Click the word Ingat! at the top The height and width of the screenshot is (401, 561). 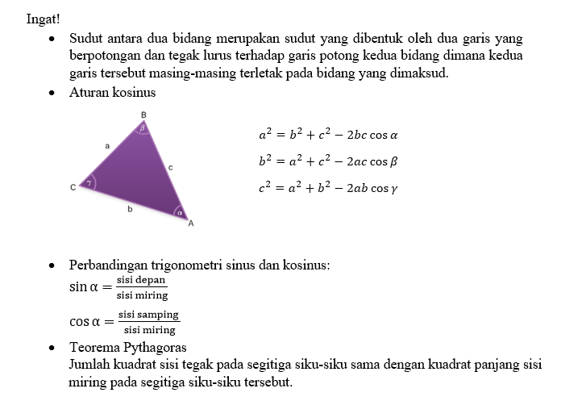pos(44,19)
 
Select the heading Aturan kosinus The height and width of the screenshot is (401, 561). pos(112,92)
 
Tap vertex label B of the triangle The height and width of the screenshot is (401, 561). pos(143,115)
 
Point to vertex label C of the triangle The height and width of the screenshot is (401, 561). pos(73,188)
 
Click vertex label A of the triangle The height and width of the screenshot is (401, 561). pos(191,223)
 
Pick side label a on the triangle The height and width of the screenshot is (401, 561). pos(106,146)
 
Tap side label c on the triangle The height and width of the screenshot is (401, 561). pos(170,167)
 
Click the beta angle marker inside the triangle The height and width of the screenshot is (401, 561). pos(143,127)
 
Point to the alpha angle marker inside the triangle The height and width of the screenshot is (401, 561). pos(181,213)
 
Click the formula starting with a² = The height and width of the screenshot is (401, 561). pos(328,135)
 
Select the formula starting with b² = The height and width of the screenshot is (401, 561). pos(328,161)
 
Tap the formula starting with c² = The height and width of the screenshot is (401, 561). pos(328,189)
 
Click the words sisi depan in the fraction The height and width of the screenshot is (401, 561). pos(141,280)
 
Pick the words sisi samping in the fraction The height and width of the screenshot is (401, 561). pos(148,315)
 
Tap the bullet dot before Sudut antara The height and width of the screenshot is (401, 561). pos(52,39)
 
